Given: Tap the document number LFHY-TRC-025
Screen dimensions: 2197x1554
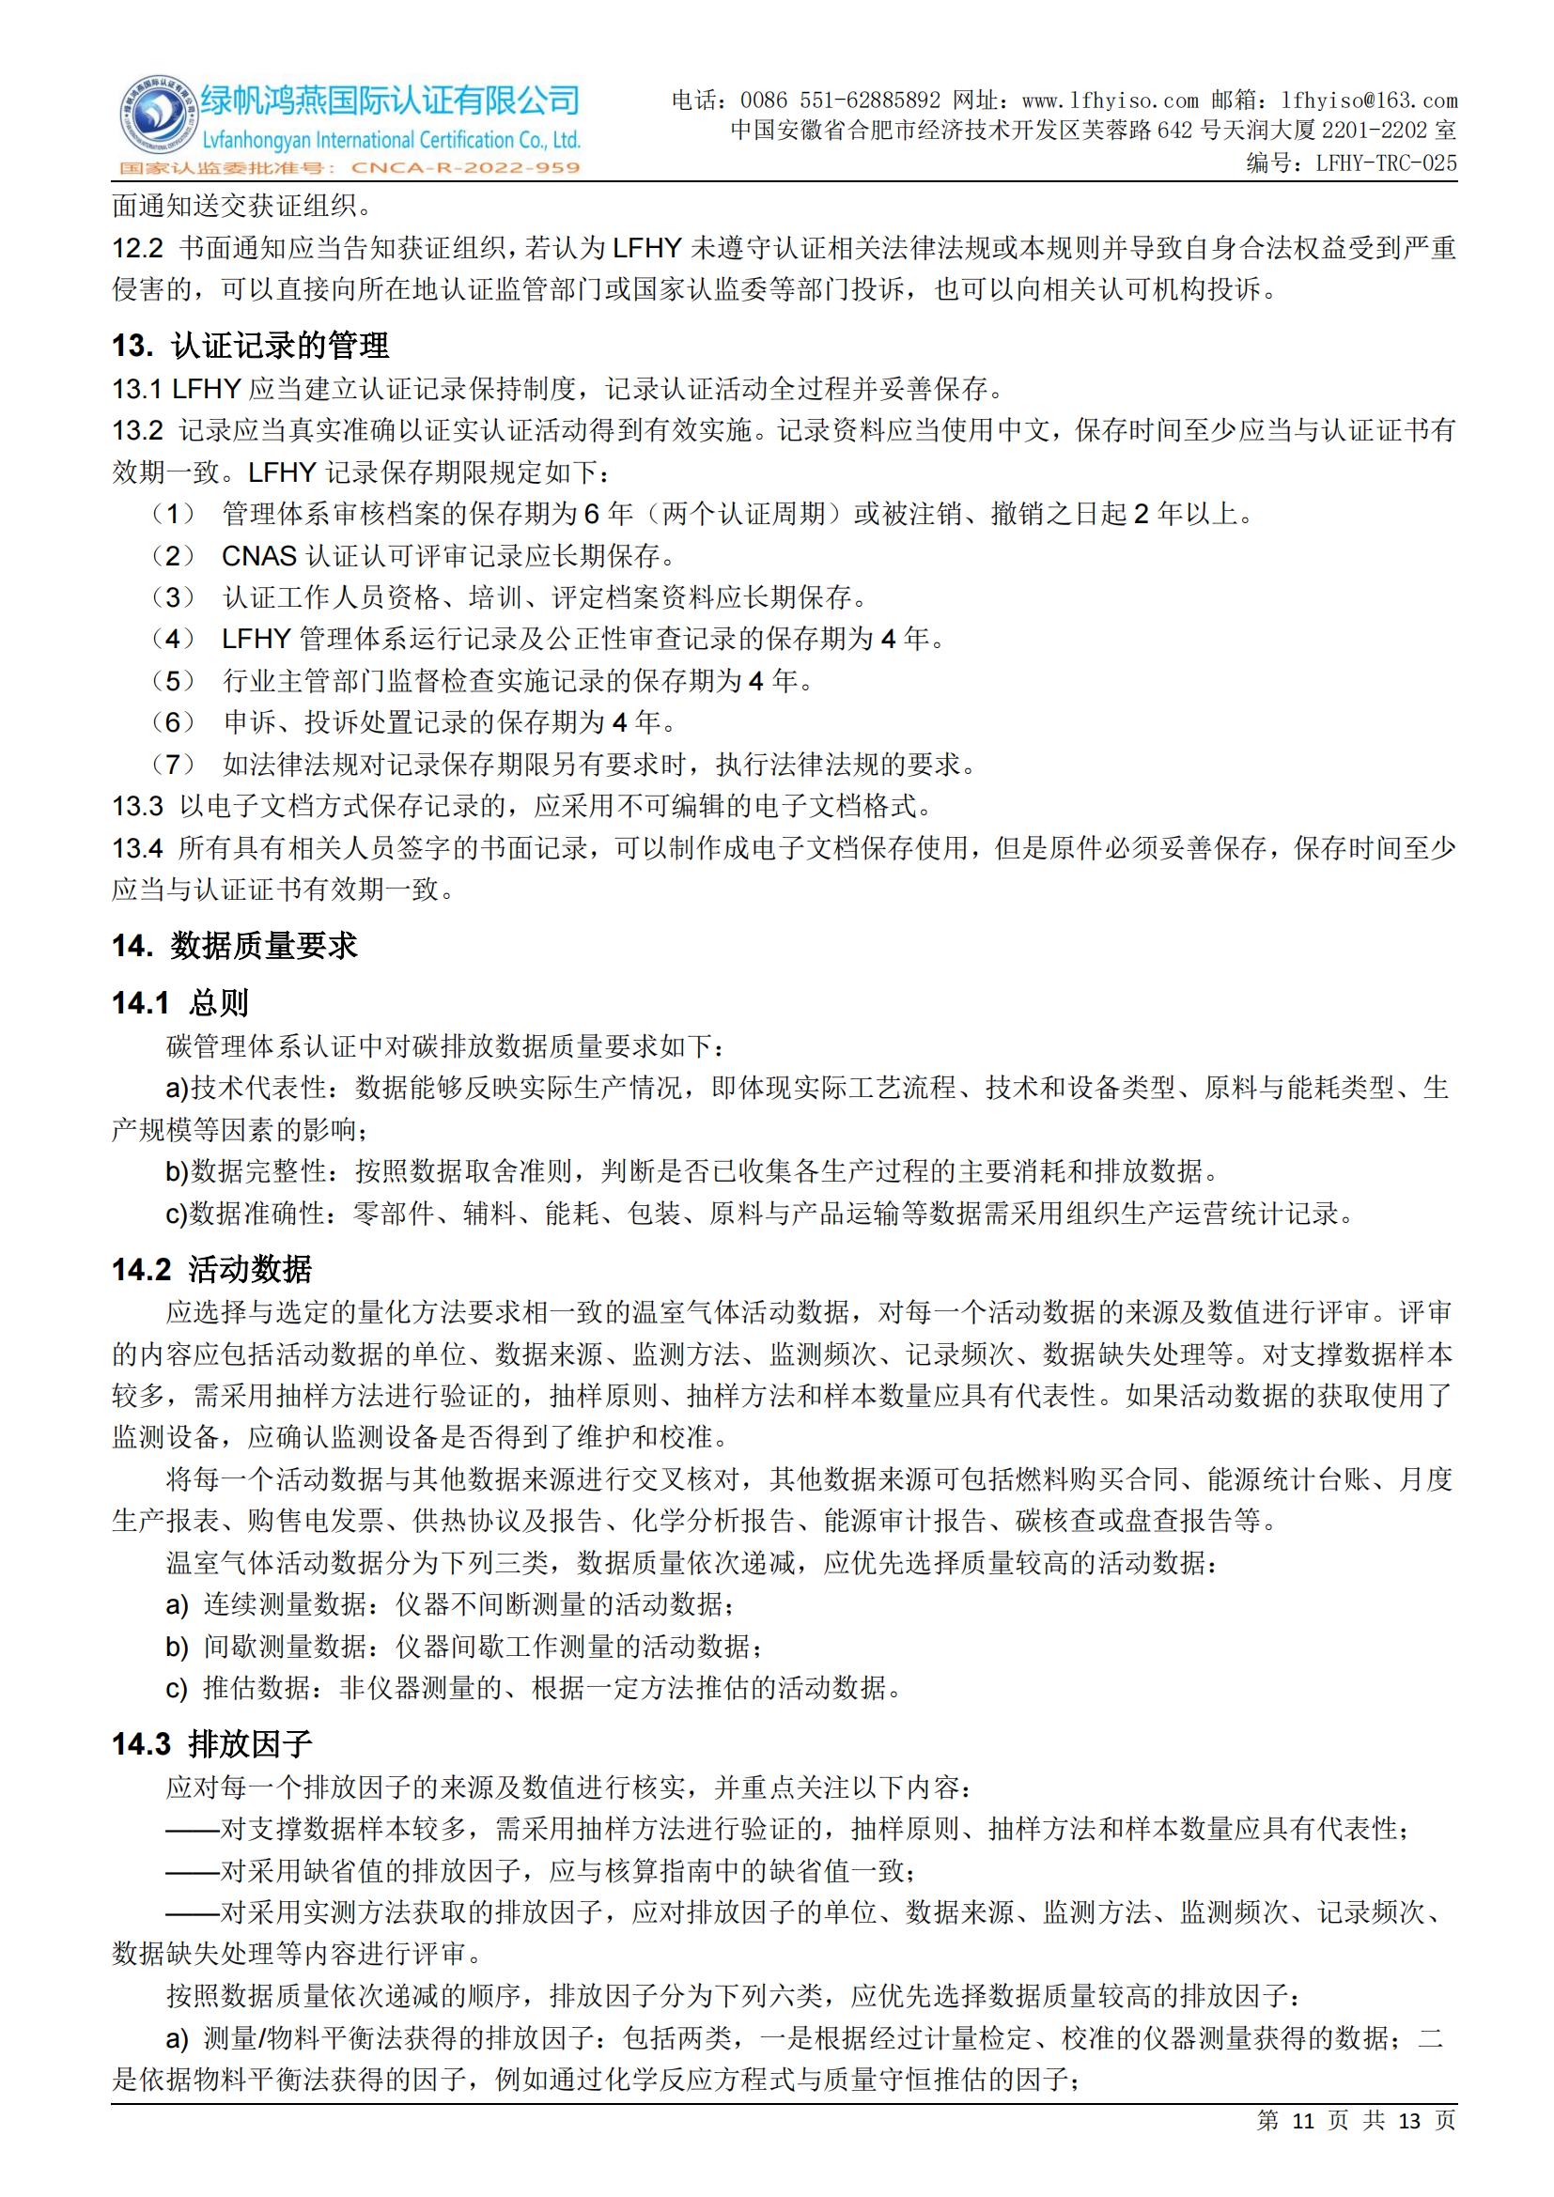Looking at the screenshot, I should pos(1386,162).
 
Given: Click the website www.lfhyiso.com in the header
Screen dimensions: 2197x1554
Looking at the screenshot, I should pos(1110,101).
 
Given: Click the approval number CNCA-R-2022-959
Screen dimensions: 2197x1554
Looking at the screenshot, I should pos(466,168).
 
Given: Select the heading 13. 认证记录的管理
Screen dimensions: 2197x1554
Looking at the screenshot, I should pos(251,346).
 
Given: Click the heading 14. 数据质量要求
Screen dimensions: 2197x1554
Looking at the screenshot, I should pos(235,946).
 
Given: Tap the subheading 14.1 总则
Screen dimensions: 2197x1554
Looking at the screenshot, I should pos(179,1003).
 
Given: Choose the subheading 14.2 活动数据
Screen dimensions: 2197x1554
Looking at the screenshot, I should pos(211,1270).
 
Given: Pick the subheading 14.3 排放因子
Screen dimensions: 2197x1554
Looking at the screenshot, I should pos(211,1744).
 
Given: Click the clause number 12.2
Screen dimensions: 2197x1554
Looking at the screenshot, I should pos(138,249).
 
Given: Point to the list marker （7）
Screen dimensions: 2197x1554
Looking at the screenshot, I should pos(173,764).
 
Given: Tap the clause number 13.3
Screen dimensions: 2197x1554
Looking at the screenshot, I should pos(138,806).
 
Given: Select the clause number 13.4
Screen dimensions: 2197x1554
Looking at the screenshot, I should pos(138,848).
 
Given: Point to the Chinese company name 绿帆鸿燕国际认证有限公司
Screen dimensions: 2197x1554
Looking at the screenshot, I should pos(390,100).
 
